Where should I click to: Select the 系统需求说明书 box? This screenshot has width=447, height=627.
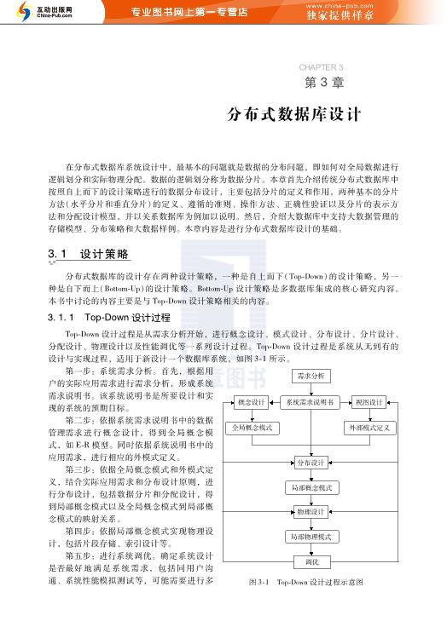tap(311, 402)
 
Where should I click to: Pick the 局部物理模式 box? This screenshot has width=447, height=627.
tap(311, 537)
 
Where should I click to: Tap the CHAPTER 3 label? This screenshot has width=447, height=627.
tap(321, 66)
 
